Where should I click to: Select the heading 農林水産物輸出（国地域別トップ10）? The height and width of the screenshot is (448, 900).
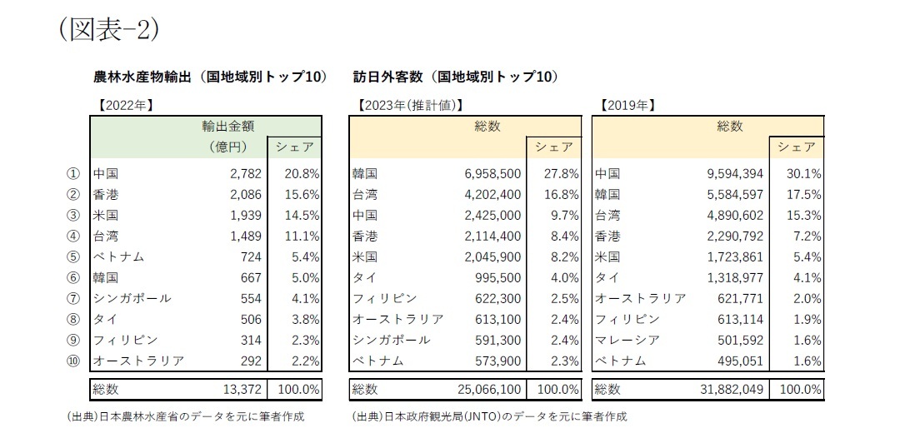pos(209,77)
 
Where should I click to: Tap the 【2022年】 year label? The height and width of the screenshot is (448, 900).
pos(124,106)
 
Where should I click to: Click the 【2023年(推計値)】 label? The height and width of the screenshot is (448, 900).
pos(408,106)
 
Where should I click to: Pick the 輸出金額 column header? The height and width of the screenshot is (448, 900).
pos(227,127)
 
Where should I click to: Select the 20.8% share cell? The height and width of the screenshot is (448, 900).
pos(302,174)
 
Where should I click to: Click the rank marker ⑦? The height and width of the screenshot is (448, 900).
pos(72,297)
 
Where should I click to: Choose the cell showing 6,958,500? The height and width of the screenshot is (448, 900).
pos(492,174)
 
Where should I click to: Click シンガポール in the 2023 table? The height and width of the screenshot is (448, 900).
pos(392,340)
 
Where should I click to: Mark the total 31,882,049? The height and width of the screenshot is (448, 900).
pos(730,389)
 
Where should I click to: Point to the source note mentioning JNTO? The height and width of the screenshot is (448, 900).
pos(489,416)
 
